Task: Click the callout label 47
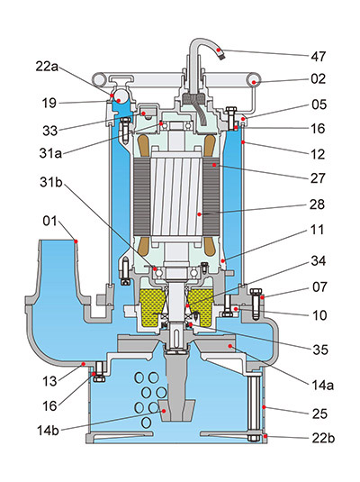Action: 319,57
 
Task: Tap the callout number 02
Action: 318,79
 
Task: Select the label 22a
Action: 47,66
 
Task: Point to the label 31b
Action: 51,182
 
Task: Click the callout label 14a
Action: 322,385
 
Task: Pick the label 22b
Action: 323,438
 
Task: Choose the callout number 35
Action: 320,350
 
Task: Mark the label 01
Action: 49,221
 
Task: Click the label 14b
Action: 48,431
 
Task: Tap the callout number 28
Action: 317,205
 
